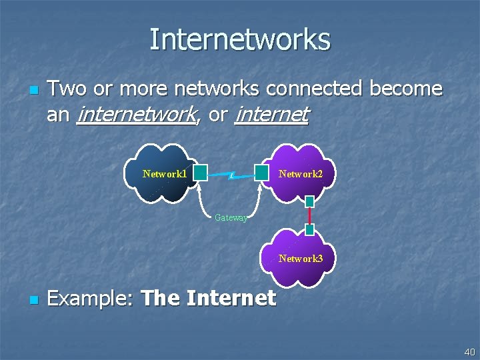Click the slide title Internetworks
(240, 39)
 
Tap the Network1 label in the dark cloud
(164, 174)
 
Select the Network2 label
(301, 174)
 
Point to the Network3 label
(301, 259)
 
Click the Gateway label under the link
(231, 217)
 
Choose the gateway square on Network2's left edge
(262, 173)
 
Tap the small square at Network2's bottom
(309, 201)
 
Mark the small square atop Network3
(309, 229)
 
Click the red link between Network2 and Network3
(309, 215)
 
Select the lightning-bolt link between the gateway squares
(231, 176)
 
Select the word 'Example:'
(91, 299)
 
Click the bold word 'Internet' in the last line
(231, 298)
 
